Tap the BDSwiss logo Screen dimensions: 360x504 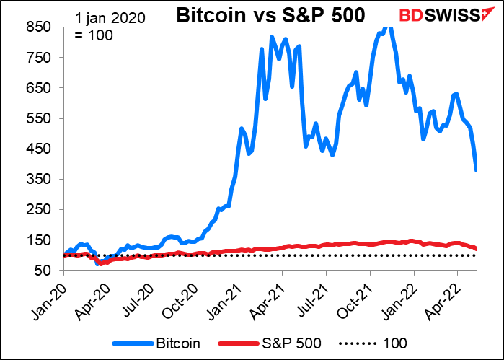(443, 15)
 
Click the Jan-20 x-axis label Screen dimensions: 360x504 (50, 294)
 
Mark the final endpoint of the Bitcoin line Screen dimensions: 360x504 (477, 170)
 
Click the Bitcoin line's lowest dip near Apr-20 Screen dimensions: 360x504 (98, 264)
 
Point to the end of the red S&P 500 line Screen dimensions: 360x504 (477, 249)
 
